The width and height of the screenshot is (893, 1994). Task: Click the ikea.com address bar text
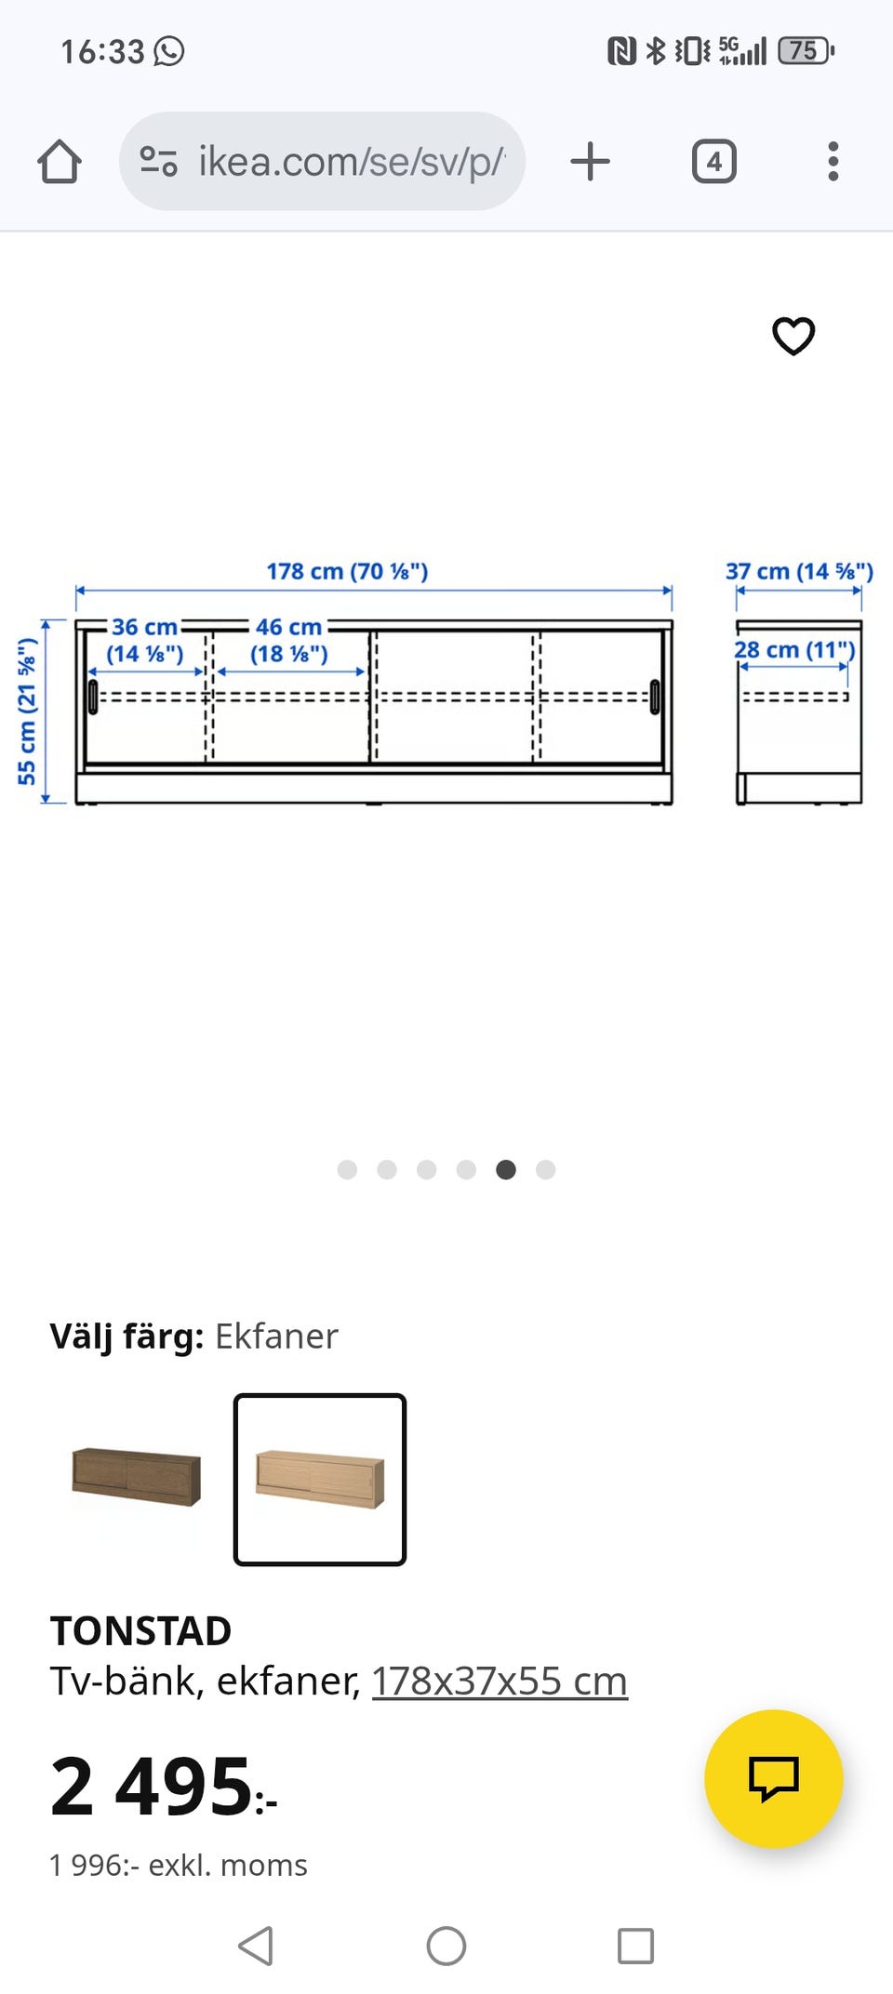point(352,162)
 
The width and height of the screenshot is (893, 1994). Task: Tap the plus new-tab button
point(590,161)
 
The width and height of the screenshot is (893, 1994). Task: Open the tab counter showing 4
point(714,161)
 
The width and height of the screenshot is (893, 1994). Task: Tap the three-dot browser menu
point(833,161)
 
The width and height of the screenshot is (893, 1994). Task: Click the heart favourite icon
point(793,336)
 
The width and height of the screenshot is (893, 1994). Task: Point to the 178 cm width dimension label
point(347,571)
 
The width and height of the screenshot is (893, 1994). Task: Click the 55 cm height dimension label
point(27,711)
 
